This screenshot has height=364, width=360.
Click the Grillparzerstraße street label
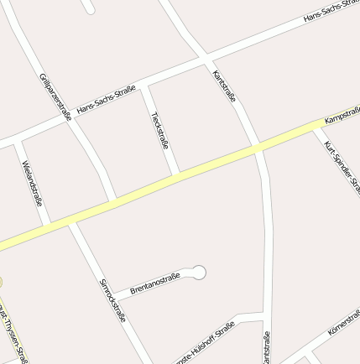[55, 96]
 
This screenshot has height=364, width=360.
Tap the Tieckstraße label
[159, 129]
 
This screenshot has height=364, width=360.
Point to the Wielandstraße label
[32, 183]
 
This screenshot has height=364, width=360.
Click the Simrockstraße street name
[112, 300]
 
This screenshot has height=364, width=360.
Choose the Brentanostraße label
[155, 283]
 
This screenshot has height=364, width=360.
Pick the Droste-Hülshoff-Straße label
[204, 344]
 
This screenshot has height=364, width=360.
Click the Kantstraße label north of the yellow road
[224, 86]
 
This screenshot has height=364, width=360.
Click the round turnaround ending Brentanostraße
[199, 272]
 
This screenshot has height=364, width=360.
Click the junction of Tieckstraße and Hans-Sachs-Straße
[145, 85]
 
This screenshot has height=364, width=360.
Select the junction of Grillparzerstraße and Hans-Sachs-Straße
[68, 117]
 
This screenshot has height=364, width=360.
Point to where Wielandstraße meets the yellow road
[48, 224]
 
